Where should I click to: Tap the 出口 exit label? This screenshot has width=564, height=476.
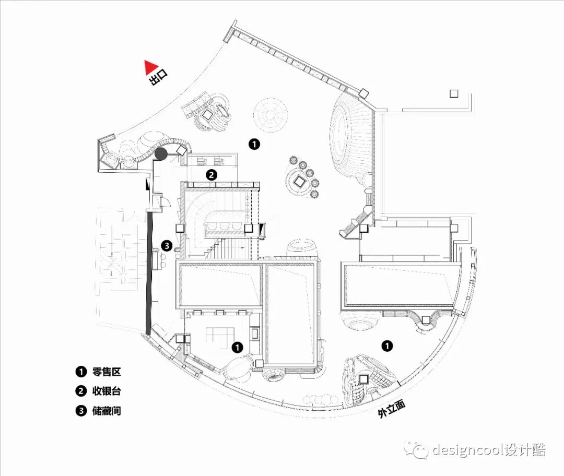159,78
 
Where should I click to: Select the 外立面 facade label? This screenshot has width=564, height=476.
392,409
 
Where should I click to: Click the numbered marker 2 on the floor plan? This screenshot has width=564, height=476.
211,175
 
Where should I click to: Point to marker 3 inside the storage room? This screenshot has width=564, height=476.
167,245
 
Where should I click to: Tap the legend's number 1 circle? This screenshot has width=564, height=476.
80,372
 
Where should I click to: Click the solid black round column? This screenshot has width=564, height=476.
161,153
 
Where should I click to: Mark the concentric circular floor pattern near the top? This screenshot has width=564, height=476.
271,114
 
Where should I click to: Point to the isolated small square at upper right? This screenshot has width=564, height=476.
453,93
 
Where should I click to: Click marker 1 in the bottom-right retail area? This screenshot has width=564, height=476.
386,346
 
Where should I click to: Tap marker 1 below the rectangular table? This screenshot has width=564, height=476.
237,346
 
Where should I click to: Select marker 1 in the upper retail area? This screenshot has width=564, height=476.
254,144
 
